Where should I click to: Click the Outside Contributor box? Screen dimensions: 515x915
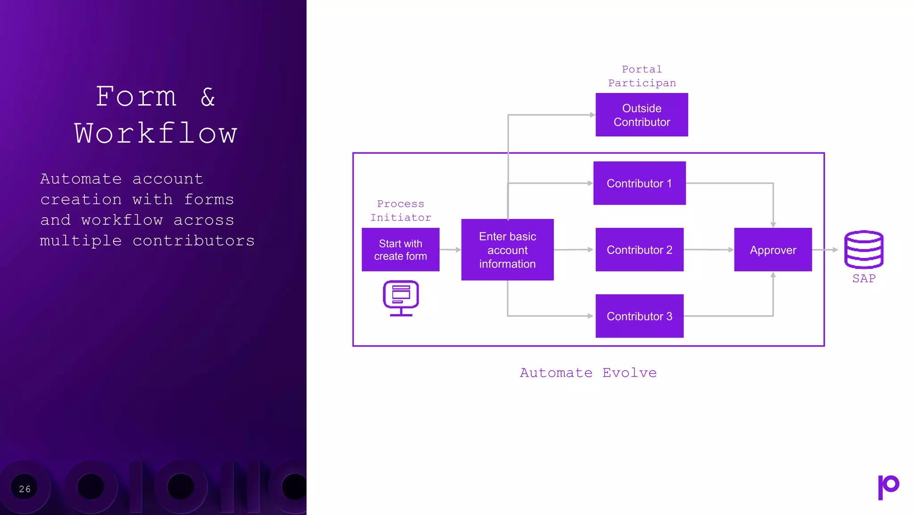tap(642, 115)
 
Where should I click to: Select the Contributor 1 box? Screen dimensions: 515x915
tap(639, 183)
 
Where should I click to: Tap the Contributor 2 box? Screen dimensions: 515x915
tap(639, 249)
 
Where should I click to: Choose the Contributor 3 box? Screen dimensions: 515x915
tap(639, 316)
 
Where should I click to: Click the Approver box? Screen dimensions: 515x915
tap(773, 249)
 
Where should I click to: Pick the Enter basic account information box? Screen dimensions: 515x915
tap(507, 249)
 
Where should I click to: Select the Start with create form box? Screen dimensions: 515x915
tap(400, 249)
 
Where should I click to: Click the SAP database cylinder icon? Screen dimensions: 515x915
tap(864, 249)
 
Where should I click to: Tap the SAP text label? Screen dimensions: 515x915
tap(864, 279)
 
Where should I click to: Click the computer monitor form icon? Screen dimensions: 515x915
tap(401, 298)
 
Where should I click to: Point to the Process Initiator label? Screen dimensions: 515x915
tap(401, 211)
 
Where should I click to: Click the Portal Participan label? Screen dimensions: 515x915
tap(642, 76)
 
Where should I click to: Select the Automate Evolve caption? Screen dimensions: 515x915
tap(588, 373)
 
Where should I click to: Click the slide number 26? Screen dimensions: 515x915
tap(25, 489)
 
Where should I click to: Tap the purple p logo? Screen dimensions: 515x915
tap(888, 487)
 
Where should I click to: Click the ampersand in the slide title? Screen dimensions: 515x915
tap(208, 97)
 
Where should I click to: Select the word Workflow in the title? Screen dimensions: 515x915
tap(155, 133)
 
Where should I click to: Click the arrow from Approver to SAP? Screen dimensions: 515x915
tap(825, 249)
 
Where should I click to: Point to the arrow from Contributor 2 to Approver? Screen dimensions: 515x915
tap(709, 249)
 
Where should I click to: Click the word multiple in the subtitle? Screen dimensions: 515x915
tap(81, 241)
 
